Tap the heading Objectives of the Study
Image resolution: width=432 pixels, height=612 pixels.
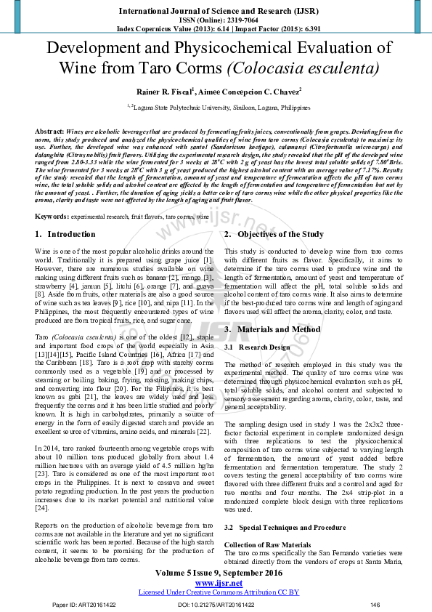point(274,234)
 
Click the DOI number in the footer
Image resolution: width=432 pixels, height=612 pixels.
point(216,605)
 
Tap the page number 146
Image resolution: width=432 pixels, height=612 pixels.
point(375,605)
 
